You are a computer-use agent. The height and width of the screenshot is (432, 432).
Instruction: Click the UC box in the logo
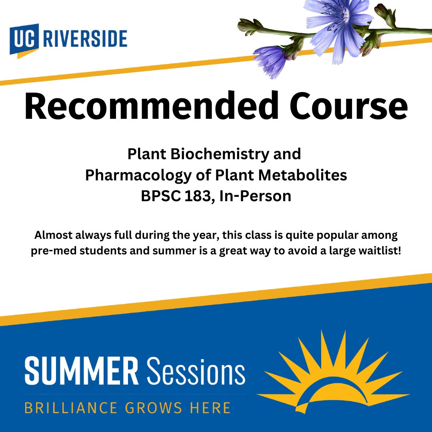click(24, 40)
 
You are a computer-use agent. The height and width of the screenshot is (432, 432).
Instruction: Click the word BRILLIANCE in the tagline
click(71, 408)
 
